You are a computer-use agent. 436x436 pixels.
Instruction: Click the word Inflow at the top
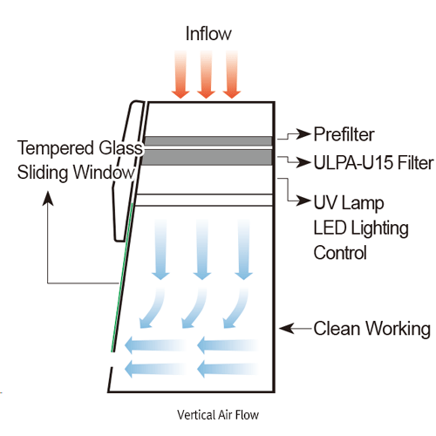pos(208,34)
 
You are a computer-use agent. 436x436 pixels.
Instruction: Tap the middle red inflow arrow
pos(207,74)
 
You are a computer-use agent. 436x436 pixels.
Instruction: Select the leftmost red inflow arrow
pos(181,74)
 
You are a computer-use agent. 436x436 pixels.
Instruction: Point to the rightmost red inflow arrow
pos(232,74)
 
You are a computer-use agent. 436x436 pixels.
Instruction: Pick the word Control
pos(340,253)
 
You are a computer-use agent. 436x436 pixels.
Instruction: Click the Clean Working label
pos(371,329)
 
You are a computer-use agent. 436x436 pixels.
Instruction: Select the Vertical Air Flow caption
pos(217,413)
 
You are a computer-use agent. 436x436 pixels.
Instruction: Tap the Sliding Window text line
pos(77,172)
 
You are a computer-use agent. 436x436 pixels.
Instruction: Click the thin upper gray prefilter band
pos(208,140)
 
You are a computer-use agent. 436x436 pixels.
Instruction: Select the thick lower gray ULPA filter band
pos(208,157)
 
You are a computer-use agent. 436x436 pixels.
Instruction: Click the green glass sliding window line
pos(123,270)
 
